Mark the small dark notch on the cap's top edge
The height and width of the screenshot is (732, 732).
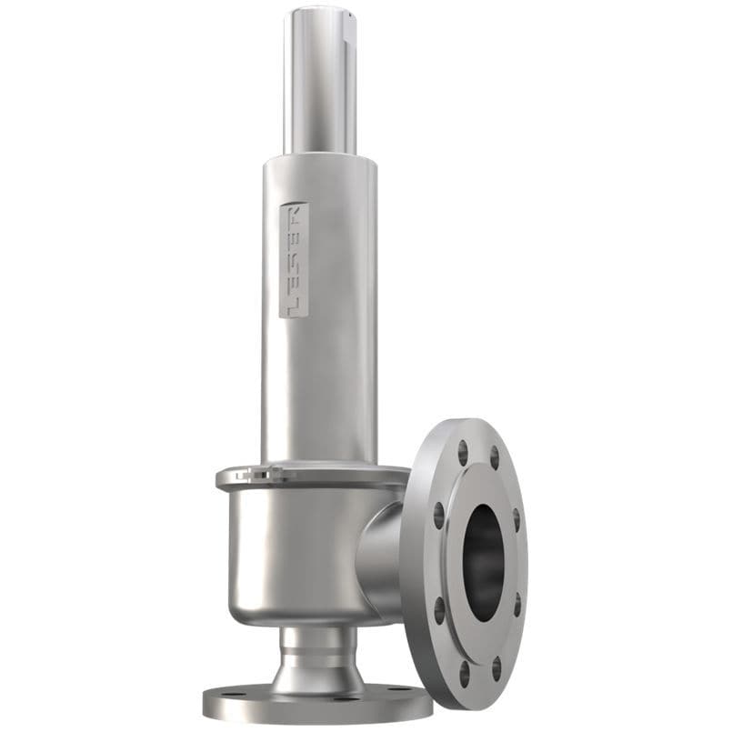[x=348, y=15]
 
